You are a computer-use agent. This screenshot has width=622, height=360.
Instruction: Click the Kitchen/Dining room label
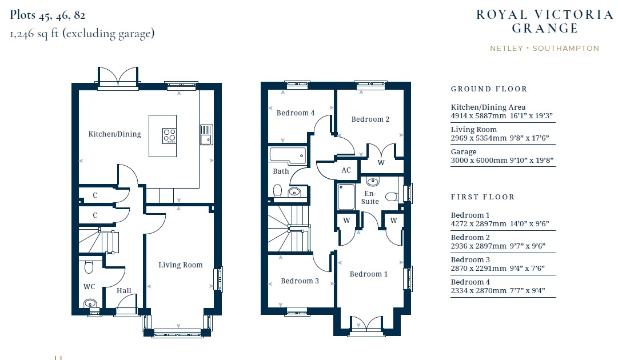[115, 134]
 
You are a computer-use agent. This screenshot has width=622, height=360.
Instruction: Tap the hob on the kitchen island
[169, 135]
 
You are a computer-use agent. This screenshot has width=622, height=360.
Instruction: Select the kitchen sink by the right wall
[206, 134]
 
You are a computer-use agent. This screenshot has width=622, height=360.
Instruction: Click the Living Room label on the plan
[181, 265]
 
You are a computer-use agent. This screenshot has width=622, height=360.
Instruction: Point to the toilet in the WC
[89, 267]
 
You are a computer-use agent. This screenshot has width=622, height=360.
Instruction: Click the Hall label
[123, 291]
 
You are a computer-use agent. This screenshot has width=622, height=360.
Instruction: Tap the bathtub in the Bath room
[288, 156]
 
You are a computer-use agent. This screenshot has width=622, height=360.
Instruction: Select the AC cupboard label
[346, 170]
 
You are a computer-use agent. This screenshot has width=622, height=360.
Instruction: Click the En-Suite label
[370, 198]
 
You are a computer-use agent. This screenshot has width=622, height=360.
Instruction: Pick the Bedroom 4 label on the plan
[296, 113]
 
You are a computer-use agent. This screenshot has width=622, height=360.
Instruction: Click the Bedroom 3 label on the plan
[300, 281]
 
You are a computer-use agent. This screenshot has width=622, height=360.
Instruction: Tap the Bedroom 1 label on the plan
[369, 274]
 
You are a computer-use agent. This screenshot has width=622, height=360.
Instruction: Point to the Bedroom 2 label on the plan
[370, 119]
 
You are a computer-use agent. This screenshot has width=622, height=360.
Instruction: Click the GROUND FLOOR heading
[489, 89]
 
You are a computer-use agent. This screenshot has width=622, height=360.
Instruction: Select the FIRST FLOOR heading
[483, 197]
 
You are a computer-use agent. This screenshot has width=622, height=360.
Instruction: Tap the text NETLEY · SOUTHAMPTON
[545, 49]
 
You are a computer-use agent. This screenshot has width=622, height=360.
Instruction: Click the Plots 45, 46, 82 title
[47, 15]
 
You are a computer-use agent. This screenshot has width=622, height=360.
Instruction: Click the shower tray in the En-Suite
[346, 197]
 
